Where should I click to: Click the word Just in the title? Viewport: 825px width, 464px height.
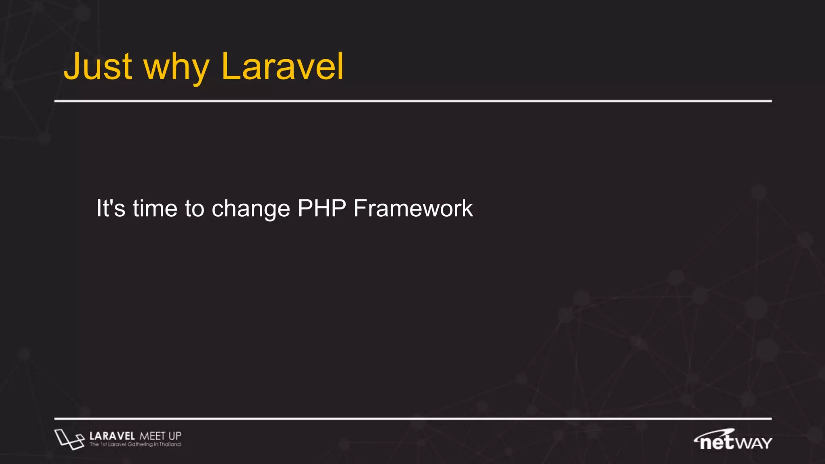click(98, 66)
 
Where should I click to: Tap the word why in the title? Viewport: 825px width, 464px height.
click(176, 68)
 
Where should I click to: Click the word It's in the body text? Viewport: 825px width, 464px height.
click(111, 209)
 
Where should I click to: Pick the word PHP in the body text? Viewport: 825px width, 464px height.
click(321, 209)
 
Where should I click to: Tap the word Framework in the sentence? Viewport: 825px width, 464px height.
click(413, 209)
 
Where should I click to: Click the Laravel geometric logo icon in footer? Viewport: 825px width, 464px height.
click(69, 439)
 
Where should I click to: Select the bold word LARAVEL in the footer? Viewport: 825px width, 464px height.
click(112, 436)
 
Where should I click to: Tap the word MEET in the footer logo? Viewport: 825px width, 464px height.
click(152, 436)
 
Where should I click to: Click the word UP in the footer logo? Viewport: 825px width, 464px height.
click(175, 436)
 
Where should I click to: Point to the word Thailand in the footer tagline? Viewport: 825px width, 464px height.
click(170, 445)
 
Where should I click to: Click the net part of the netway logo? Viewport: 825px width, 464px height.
click(717, 443)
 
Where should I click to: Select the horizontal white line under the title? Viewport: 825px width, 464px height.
click(413, 101)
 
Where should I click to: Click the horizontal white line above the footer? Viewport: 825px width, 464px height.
click(413, 419)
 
